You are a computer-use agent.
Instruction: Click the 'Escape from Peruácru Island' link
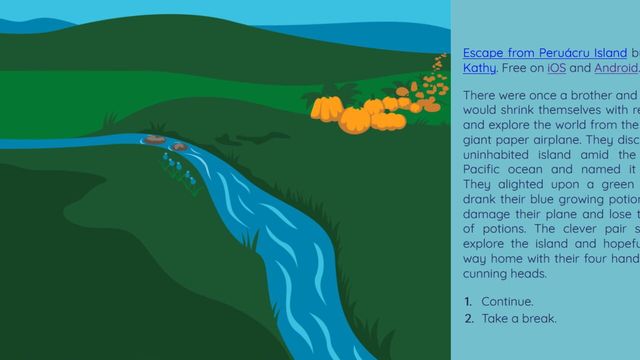(x=545, y=53)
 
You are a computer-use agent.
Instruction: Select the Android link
(x=615, y=68)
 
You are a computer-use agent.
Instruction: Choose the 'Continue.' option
(x=507, y=301)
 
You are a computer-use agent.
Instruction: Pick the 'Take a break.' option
(x=518, y=319)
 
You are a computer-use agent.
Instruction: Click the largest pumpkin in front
(x=354, y=121)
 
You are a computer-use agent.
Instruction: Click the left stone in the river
(x=155, y=140)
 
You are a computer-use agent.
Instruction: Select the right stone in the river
(x=179, y=147)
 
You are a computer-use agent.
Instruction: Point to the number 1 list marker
(x=468, y=301)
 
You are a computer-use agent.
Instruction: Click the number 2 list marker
(x=468, y=319)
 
